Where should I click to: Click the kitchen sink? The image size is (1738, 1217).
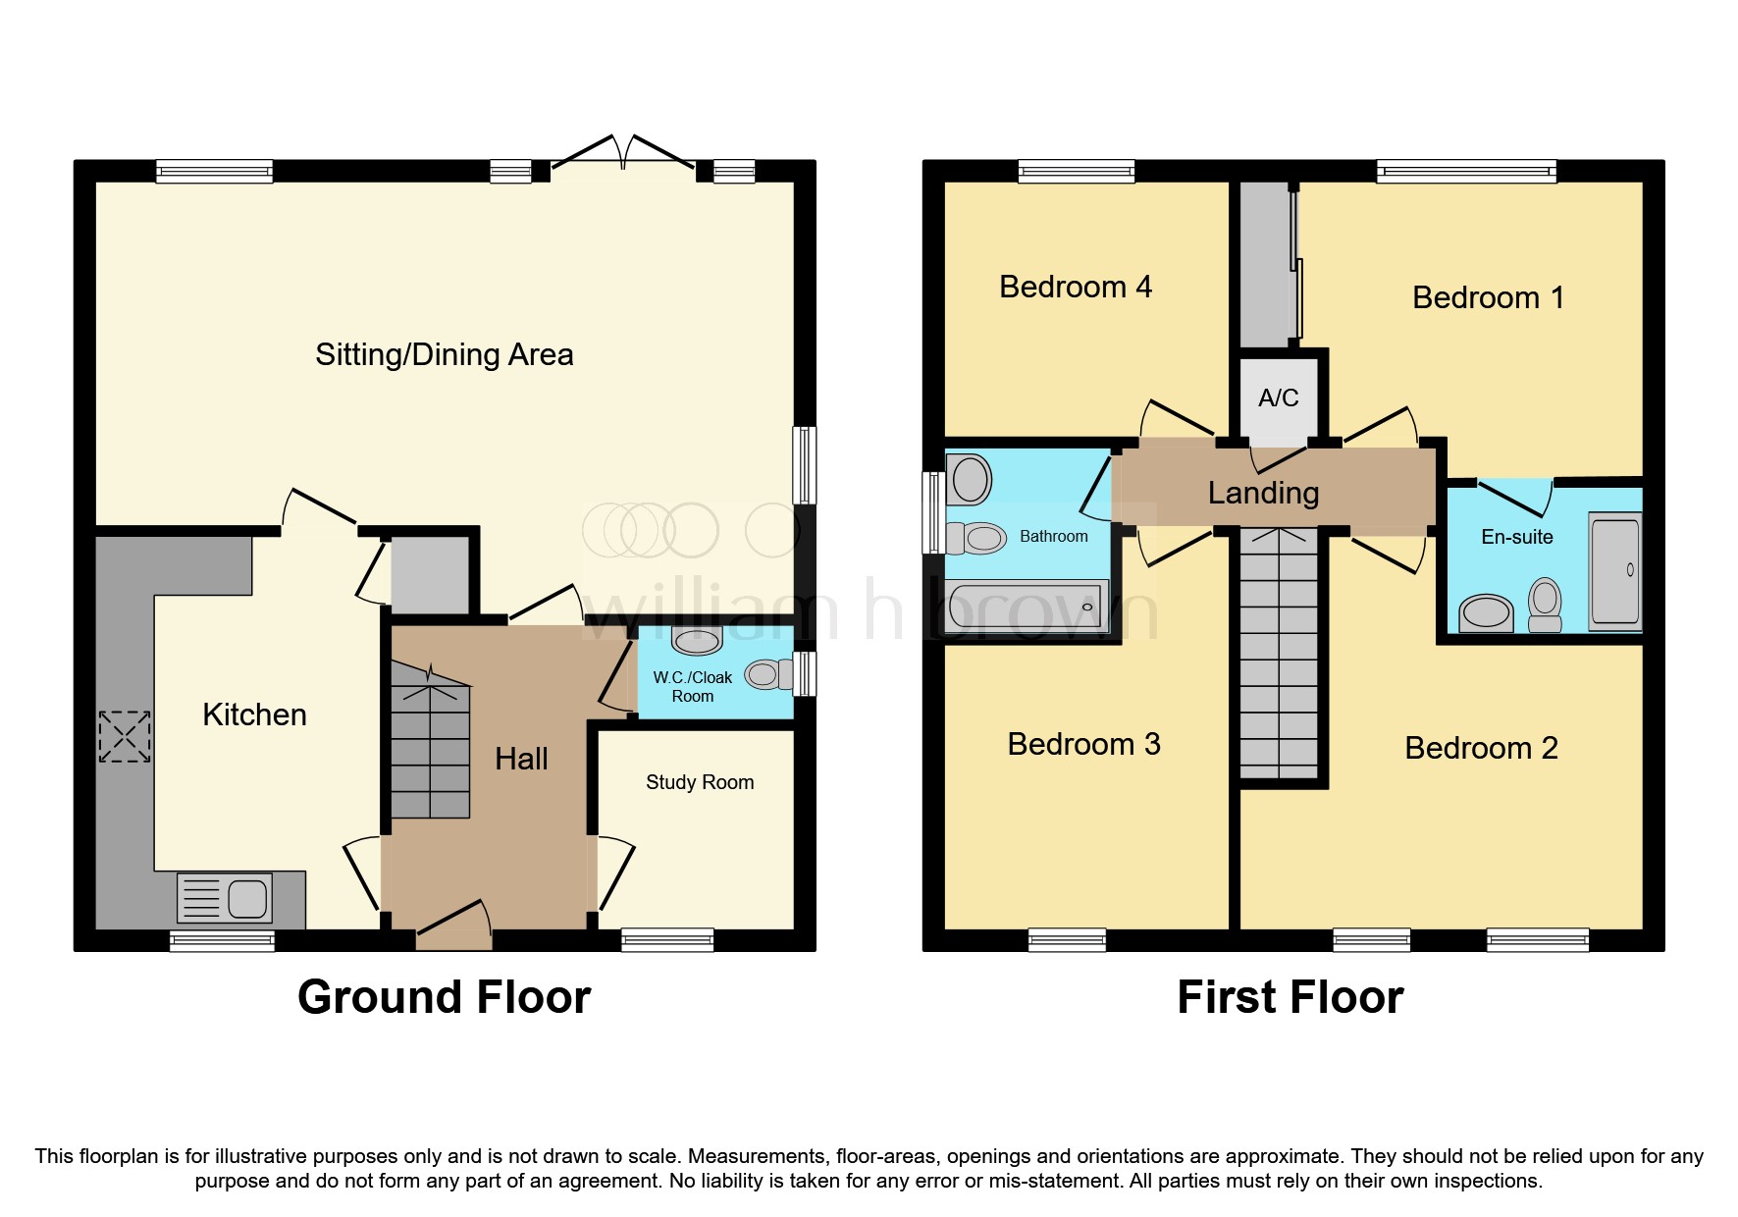[225, 898]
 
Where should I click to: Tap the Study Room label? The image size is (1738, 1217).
[700, 782]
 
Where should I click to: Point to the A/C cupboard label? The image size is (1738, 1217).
[1278, 397]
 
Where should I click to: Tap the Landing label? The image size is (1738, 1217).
[1263, 493]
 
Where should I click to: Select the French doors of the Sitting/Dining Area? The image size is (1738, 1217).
[623, 157]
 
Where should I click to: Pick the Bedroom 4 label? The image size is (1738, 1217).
[1076, 287]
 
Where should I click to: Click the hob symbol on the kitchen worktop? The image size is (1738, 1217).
[125, 737]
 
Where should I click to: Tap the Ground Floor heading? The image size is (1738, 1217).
[444, 997]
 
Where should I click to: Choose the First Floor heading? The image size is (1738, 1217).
[1290, 997]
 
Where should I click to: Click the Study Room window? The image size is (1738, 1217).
[667, 940]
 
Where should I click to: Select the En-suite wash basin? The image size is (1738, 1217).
[1487, 614]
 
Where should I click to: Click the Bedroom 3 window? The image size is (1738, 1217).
[1067, 940]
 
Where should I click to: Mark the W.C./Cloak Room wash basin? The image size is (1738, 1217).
[697, 640]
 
